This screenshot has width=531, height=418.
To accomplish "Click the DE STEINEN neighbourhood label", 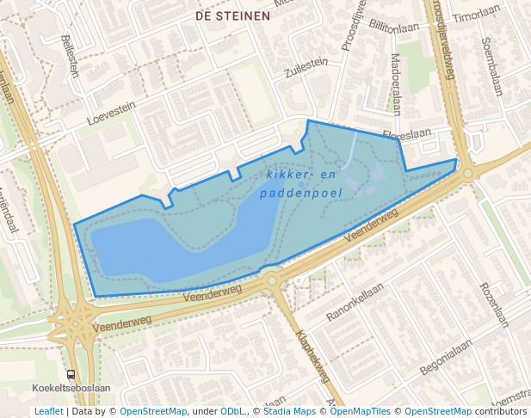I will coord(232,15).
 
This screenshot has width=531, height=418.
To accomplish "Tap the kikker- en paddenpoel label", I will coord(300,183).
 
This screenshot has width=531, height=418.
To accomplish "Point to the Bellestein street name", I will coord(71,56).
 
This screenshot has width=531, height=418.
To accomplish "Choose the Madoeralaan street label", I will coord(396,83).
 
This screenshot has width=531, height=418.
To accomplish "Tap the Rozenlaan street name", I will coord(496,305).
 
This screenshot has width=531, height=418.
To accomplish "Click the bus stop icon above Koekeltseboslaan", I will coord(71,374).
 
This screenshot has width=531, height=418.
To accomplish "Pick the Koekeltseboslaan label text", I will coord(71,388).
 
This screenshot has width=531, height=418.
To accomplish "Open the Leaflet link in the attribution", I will coord(48,411).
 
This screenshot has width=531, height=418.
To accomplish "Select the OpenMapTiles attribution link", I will coord(362,411).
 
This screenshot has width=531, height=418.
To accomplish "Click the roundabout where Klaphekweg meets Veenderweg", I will coord(272,279).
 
